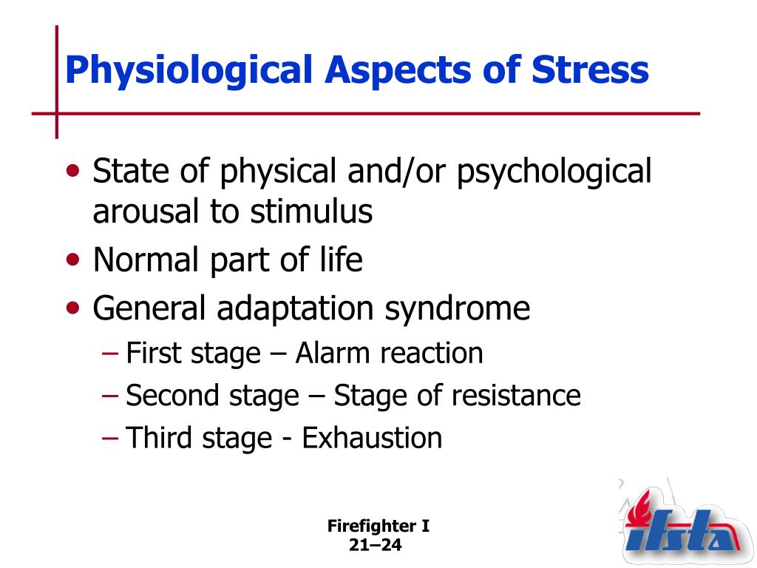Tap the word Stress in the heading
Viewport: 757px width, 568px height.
click(x=590, y=70)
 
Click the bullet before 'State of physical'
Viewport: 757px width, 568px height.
click(x=73, y=171)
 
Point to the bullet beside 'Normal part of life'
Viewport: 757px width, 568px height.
click(x=73, y=260)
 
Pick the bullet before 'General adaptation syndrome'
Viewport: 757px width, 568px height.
click(x=73, y=308)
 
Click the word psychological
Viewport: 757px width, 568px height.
click(x=554, y=172)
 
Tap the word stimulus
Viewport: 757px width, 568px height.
click(x=311, y=211)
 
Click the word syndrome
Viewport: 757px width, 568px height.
click(x=457, y=309)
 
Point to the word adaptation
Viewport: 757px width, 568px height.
click(x=295, y=309)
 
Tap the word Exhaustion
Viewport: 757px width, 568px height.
click(x=372, y=438)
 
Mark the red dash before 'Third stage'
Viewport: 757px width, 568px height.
click(x=110, y=438)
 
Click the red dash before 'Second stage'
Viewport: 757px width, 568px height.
click(x=110, y=396)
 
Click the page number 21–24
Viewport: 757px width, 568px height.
click(x=375, y=545)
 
